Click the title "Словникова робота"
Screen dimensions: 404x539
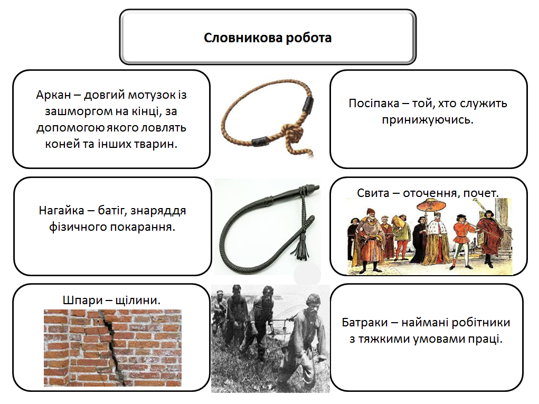click(x=268, y=38)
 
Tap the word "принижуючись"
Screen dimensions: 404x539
click(x=428, y=119)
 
